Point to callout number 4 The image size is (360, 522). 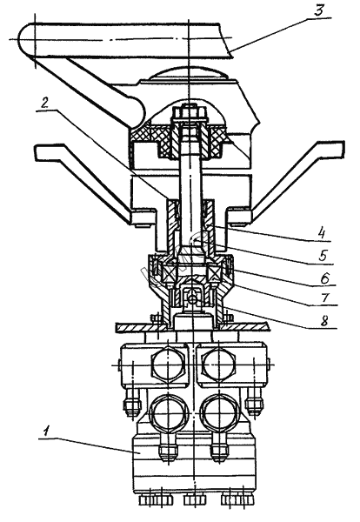(321, 232)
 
